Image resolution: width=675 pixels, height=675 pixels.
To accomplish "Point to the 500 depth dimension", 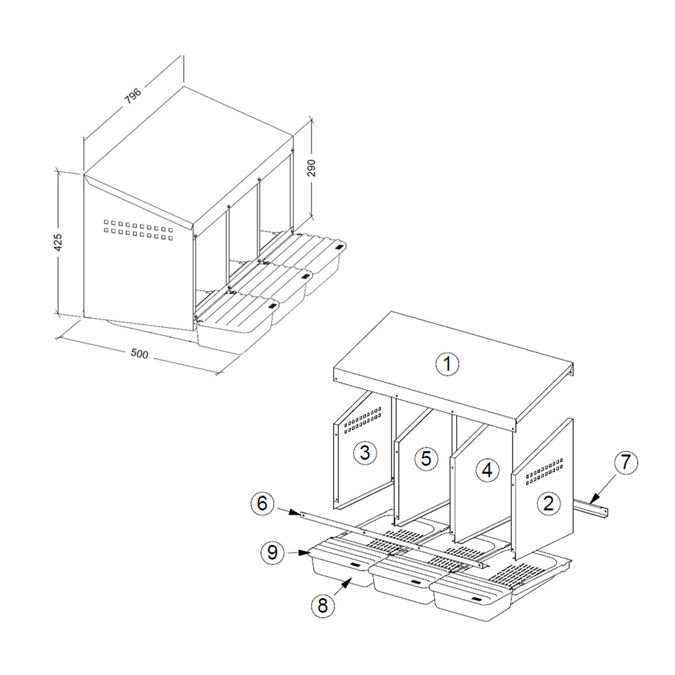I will pyautogui.click(x=139, y=354).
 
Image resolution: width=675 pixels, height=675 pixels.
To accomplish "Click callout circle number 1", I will pyautogui.click(x=447, y=364).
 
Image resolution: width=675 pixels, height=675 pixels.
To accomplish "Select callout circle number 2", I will pyautogui.click(x=548, y=503).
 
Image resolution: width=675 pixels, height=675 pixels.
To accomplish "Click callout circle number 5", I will pyautogui.click(x=426, y=459).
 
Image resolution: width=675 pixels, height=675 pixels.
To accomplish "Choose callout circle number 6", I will pyautogui.click(x=263, y=503).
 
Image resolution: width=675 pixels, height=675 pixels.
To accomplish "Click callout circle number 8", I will pyautogui.click(x=323, y=606).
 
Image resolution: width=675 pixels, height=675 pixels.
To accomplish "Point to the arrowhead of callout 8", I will pyautogui.click(x=349, y=582).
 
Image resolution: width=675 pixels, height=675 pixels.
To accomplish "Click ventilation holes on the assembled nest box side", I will pyautogui.click(x=138, y=227).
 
